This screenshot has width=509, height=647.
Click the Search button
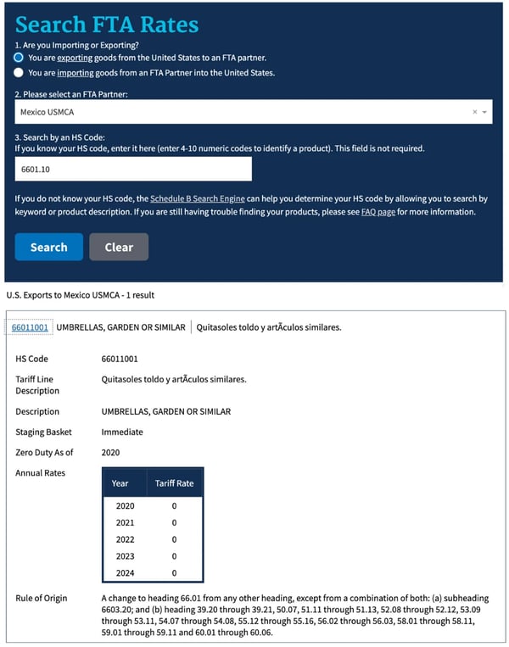coord(49,247)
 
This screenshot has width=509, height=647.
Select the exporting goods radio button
coord(20,58)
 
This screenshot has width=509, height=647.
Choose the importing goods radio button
coord(20,73)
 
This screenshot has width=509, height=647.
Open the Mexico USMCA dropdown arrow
coord(484,112)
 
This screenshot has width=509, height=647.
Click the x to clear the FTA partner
coord(474,112)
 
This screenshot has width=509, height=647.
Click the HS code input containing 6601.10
coord(133,169)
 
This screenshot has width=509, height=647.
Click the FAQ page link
coord(378,211)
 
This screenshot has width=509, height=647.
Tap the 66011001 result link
coord(30,327)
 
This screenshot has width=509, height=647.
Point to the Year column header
coord(120,483)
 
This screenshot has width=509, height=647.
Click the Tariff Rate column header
coord(174,483)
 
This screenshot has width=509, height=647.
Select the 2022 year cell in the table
coord(124,539)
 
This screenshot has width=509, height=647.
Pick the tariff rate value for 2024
coord(174,573)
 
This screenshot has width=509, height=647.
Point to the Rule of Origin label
coord(41,598)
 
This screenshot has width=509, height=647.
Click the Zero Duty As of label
coord(44,453)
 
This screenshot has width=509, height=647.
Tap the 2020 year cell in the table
coord(124,505)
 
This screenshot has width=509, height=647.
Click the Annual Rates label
coord(40,473)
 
